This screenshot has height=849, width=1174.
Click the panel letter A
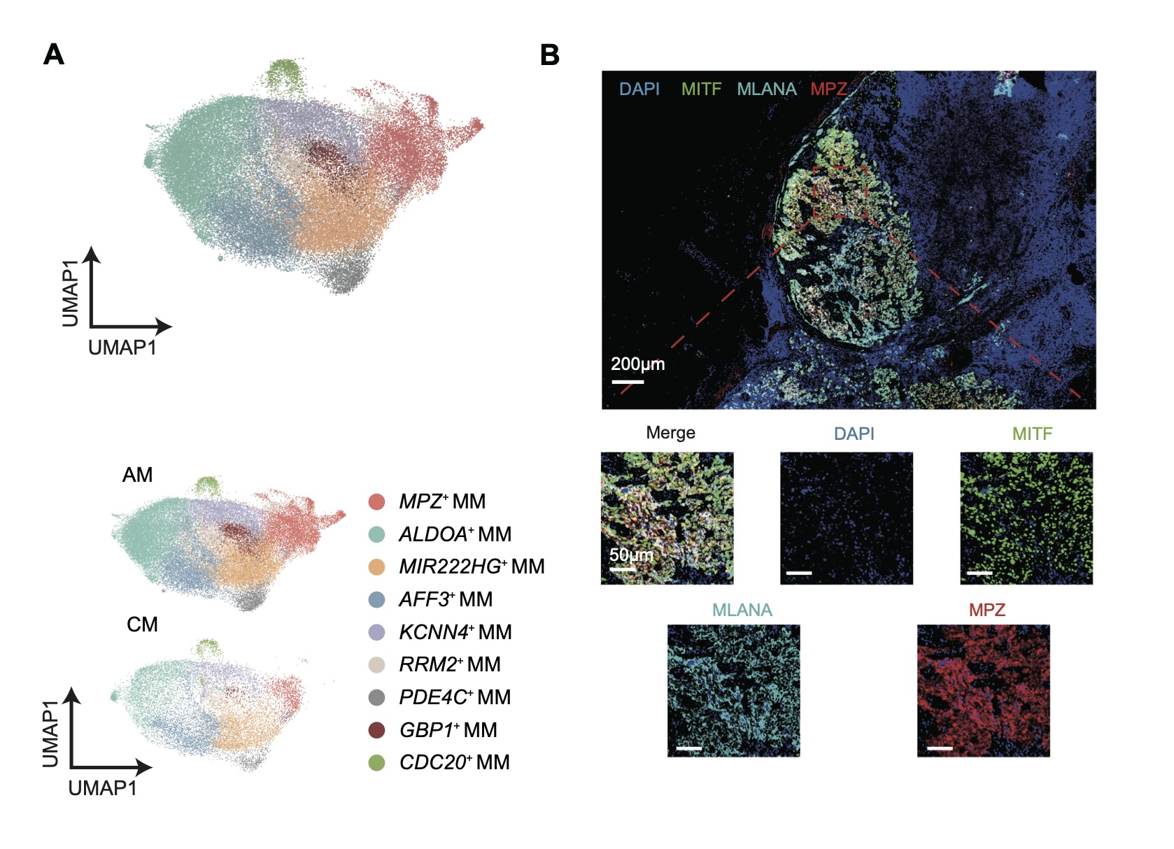pos(54,55)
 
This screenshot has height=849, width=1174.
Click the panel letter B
pos(550,55)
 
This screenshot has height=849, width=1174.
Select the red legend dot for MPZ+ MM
pos(376,501)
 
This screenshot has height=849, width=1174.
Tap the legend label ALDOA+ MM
pos(455,534)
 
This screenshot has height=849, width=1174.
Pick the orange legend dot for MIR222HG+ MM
pos(376,566)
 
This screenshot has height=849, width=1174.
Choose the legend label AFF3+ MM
pos(446,599)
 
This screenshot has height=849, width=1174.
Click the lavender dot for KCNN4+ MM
pos(376,632)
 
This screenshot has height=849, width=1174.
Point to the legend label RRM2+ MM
pos(449,664)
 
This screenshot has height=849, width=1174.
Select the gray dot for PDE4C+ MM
pos(376,697)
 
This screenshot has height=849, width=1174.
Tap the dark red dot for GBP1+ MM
pos(376,730)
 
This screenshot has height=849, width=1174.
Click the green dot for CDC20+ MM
pos(376,762)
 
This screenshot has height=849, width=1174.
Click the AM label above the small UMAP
pos(137,476)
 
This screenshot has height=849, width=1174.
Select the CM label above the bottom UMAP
pos(142,625)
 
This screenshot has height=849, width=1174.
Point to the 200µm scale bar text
pos(637,364)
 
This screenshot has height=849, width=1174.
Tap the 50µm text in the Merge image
pos(631,555)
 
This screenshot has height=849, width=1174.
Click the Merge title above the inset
pos(670,433)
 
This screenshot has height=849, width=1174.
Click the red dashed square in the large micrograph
pos(840,192)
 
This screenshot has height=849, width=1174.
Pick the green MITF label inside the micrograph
pos(701,90)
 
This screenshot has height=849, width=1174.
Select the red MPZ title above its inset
pos(986,610)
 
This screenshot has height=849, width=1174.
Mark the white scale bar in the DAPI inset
pos(799,573)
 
